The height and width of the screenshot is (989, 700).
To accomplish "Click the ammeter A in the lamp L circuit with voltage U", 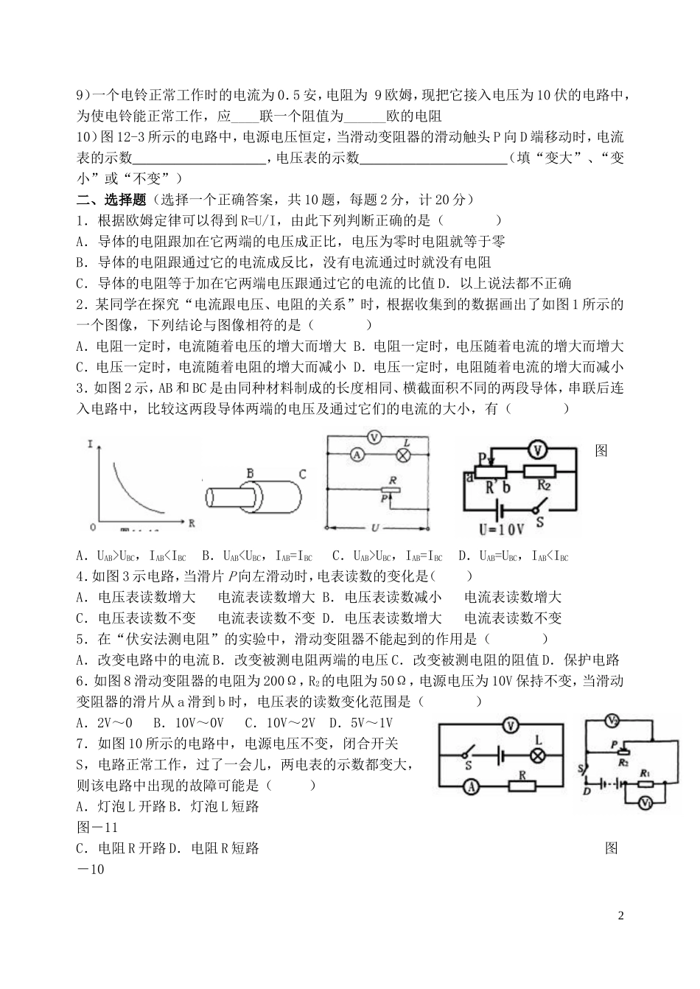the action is click(x=357, y=455).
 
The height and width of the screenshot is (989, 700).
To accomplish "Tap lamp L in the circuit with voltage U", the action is click(x=403, y=455).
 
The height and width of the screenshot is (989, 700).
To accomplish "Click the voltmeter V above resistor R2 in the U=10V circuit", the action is click(x=539, y=448).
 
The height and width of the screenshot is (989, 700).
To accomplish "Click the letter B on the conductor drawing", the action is click(x=250, y=472).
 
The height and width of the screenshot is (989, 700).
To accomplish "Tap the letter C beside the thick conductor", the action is click(x=302, y=473).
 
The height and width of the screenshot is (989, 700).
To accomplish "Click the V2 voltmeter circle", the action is click(x=611, y=720).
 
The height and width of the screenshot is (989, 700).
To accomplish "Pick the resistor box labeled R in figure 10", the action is click(x=522, y=787).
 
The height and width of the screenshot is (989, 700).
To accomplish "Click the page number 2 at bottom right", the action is click(x=620, y=916).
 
